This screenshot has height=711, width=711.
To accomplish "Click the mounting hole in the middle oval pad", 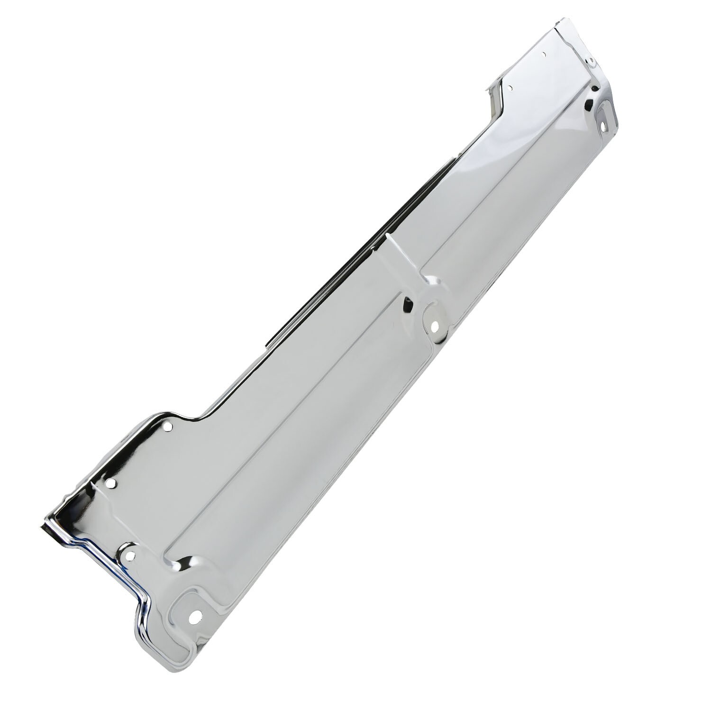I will click(x=434, y=326).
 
